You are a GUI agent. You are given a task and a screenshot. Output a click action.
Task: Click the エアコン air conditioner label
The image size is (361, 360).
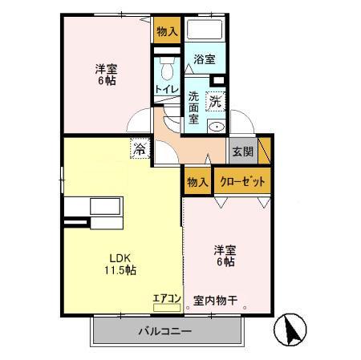tap(168, 298)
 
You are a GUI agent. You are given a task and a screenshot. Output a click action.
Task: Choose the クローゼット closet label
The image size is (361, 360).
tap(241, 181)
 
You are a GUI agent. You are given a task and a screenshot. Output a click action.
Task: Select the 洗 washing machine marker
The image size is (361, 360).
tap(216, 102)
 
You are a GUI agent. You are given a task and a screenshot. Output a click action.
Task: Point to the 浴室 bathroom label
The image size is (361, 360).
tap(205, 59)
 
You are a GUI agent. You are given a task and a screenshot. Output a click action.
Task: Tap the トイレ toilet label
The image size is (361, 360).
tap(167, 90)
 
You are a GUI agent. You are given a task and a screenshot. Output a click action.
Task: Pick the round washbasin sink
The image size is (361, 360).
tap(216, 128)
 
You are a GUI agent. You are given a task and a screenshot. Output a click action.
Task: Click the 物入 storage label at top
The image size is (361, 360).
tap(167, 32)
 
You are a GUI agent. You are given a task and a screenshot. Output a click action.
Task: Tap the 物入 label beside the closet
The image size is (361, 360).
tap(197, 182)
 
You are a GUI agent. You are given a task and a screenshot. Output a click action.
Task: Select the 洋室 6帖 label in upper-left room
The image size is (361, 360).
tap(102, 75)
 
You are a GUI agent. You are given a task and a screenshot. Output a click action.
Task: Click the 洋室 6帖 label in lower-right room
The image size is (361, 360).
tap(225, 255)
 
